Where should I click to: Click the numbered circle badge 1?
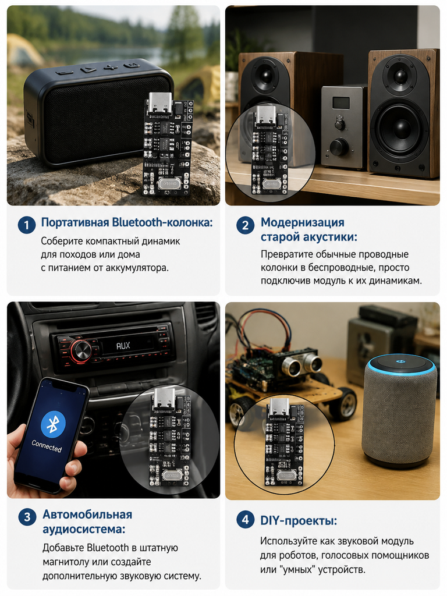(27, 225)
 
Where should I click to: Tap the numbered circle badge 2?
(245, 225)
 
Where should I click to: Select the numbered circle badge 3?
(27, 517)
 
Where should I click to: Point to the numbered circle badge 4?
(245, 520)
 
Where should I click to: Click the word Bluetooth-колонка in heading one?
(162, 222)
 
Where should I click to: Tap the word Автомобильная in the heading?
(87, 515)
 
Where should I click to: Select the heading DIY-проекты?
(299, 520)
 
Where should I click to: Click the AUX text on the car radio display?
(123, 346)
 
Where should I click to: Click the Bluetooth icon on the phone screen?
(53, 424)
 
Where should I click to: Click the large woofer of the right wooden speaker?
(400, 128)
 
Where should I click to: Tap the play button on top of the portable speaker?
(89, 70)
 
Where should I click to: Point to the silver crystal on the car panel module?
(171, 475)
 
